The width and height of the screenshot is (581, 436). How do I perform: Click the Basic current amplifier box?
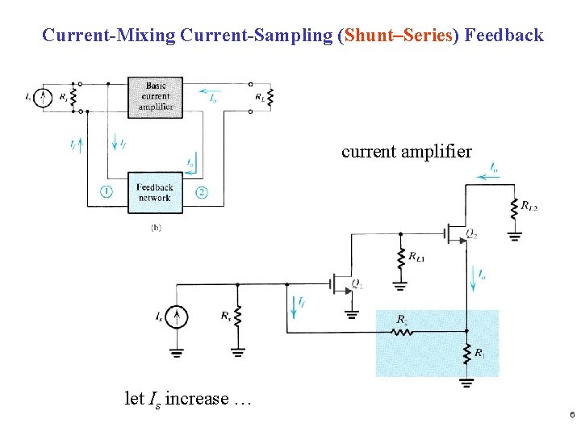tap(155, 97)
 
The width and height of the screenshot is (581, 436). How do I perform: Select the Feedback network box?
tap(155, 192)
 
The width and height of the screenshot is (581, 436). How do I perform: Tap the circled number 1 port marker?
tap(107, 191)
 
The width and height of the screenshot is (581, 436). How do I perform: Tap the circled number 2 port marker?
tap(202, 192)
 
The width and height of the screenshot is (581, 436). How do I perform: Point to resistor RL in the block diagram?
tap(270, 97)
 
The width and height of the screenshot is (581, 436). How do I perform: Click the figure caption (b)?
tap(156, 228)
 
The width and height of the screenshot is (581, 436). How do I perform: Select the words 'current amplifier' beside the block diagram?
tap(406, 151)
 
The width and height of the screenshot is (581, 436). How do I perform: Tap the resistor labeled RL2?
tap(514, 209)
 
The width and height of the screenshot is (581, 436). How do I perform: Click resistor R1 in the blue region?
tap(467, 352)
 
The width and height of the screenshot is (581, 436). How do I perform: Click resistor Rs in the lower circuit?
tap(237, 317)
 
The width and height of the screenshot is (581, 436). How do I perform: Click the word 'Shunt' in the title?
tap(370, 36)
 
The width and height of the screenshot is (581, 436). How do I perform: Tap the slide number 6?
tap(571, 415)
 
